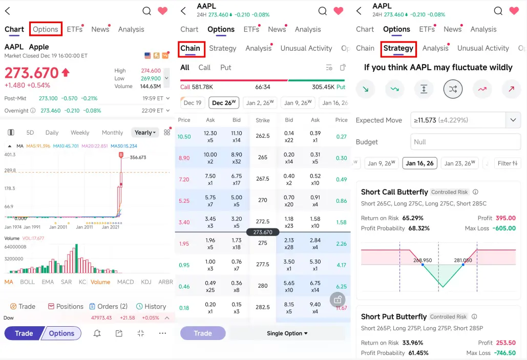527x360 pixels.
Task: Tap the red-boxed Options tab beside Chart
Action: (x=46, y=29)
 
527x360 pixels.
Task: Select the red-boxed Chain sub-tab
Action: (x=190, y=49)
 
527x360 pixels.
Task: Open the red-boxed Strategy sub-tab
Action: (x=398, y=49)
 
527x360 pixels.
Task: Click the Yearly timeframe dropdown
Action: (x=145, y=133)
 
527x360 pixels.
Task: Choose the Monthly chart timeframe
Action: (x=112, y=133)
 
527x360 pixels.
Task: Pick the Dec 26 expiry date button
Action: (x=224, y=103)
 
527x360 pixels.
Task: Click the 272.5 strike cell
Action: (x=263, y=222)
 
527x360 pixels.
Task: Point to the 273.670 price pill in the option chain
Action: (x=263, y=232)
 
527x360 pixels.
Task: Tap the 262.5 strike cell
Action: (x=263, y=136)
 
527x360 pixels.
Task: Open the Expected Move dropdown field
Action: (x=466, y=120)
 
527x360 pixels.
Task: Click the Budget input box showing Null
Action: (x=466, y=142)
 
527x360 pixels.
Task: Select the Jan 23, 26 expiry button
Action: (x=459, y=163)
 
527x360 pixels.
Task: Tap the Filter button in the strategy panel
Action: (x=508, y=163)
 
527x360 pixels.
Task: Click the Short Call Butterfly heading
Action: (x=394, y=192)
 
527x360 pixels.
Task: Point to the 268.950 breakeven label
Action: (x=423, y=260)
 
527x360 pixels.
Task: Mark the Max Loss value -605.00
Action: (x=504, y=228)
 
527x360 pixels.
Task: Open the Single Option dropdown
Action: (x=287, y=333)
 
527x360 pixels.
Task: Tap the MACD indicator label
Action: (x=125, y=282)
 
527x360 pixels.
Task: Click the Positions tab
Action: (x=66, y=307)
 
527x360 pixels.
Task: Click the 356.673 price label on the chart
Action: (x=138, y=157)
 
